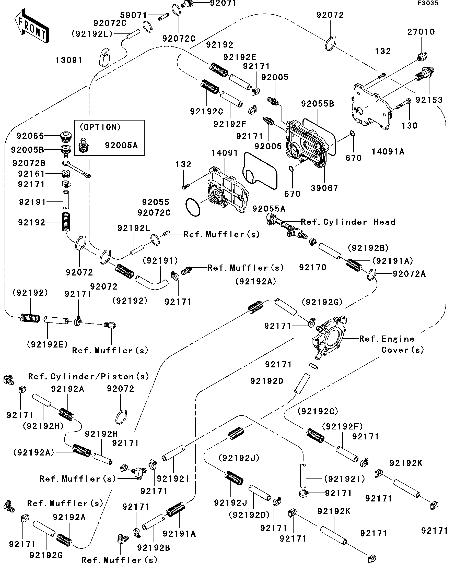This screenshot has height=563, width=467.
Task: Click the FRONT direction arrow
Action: point(32,26)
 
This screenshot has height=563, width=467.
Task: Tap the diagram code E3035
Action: point(428,3)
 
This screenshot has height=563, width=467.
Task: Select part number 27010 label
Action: point(421,32)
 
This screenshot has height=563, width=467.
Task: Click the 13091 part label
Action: point(69,60)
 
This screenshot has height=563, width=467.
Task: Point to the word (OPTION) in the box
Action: point(100,127)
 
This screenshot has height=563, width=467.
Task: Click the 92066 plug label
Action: point(30,136)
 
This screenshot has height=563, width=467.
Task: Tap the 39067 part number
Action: point(324,188)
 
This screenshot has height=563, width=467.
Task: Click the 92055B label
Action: point(318,104)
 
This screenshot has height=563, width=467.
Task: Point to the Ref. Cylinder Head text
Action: point(348,222)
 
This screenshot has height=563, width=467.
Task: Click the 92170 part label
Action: point(313,267)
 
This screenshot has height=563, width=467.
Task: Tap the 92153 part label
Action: point(429,100)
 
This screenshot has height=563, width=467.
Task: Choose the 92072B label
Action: point(29,163)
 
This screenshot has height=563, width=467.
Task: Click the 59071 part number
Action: point(133,15)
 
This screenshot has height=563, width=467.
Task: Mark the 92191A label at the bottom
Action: point(179,534)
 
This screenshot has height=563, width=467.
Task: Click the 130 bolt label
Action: point(410,125)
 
